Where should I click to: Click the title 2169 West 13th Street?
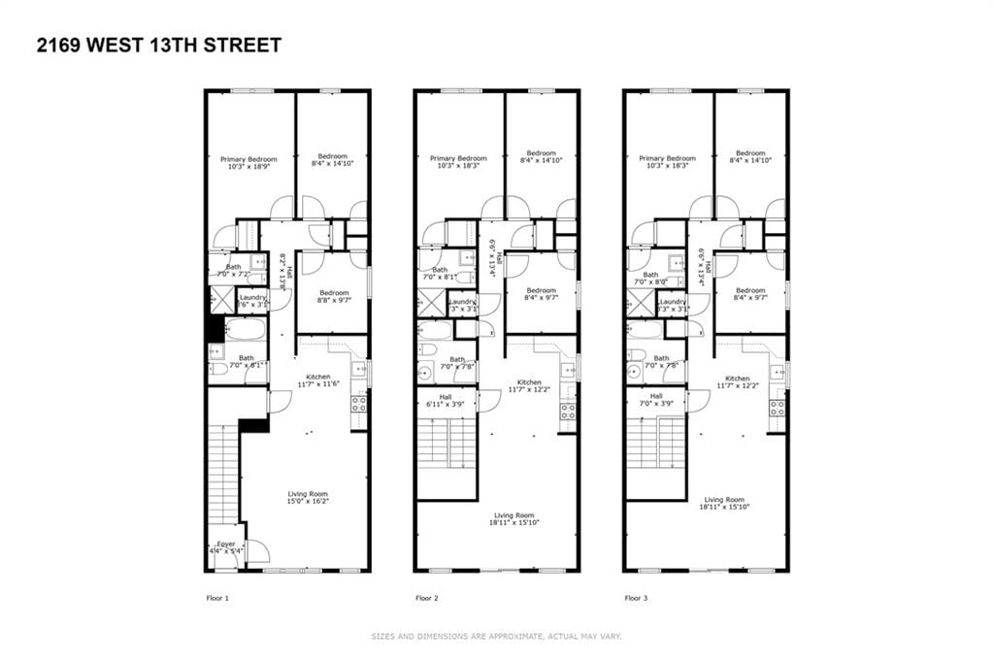pos(159,45)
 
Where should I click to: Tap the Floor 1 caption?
pos(217,598)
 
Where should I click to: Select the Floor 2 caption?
pos(427,598)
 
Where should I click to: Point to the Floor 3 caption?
pos(637,598)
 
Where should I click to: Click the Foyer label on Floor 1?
pos(225,547)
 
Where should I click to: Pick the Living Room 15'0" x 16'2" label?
pos(304,498)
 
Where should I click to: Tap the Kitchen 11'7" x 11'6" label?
pos(318,380)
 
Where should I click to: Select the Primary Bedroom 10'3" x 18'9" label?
pos(248,163)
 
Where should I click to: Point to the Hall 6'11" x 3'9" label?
pos(445,400)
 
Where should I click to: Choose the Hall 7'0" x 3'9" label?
pos(656,400)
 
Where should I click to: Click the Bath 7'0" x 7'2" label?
pos(233,271)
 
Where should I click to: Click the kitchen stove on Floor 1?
pos(359,403)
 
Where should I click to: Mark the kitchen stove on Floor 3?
pos(777,408)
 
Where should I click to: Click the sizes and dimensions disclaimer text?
pos(496,637)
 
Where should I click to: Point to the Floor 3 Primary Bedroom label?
pos(668,163)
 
